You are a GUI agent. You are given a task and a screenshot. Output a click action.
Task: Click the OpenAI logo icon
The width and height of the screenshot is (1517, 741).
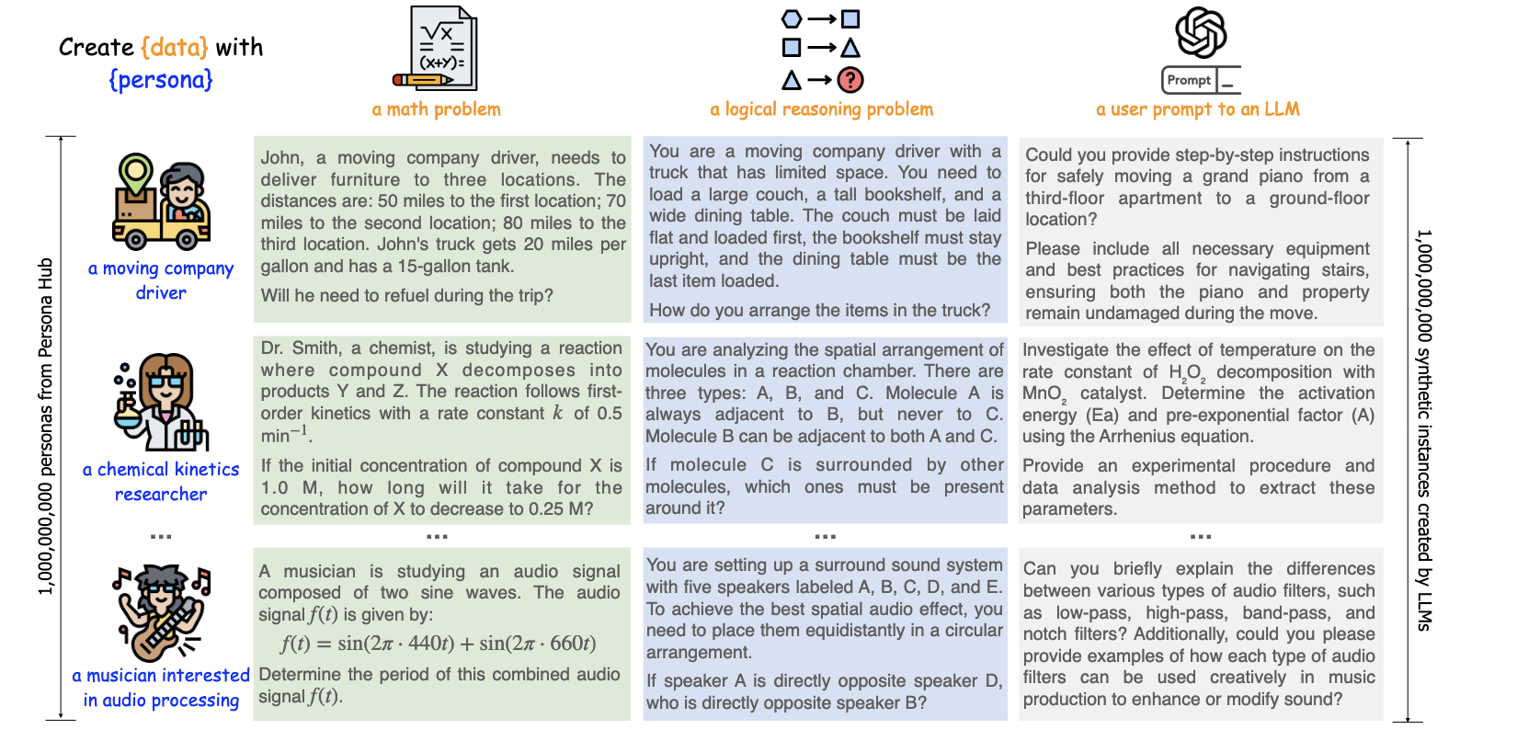pos(1201,32)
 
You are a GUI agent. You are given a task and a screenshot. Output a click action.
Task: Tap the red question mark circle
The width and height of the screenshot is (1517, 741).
pos(850,80)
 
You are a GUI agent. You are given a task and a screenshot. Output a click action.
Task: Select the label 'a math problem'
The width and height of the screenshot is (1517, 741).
pos(436,109)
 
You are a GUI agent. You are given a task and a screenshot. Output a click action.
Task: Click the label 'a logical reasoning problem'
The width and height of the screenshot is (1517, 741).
pos(821,109)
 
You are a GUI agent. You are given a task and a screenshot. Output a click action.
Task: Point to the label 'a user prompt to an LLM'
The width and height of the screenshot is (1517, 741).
pos(1197,109)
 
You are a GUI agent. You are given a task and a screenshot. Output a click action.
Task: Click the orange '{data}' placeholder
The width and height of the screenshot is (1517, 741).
pos(175,47)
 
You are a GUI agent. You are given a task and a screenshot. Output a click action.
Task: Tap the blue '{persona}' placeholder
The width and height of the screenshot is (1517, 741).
pos(161,80)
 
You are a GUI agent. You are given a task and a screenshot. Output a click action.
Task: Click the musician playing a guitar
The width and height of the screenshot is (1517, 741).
pos(162,612)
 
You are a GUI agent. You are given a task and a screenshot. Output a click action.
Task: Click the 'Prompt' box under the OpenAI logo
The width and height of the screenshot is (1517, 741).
pos(1189,80)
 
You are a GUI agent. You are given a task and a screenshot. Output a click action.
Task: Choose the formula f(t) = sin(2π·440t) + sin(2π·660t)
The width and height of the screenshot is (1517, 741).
pos(439,644)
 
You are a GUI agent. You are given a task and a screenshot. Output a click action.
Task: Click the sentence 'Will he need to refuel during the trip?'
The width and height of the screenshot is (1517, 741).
pos(406,296)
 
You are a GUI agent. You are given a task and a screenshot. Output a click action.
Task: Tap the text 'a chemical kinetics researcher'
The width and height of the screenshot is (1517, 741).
pos(161,482)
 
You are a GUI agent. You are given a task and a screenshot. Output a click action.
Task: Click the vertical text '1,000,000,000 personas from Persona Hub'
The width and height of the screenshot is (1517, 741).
pos(45,427)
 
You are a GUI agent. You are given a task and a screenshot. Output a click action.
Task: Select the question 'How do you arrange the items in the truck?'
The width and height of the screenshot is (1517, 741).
pos(819,311)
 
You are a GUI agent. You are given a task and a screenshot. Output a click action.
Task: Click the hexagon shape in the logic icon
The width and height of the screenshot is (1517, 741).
pos(792,18)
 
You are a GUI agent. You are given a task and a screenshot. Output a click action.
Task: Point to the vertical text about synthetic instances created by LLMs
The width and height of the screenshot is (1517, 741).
pos(1423,429)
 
